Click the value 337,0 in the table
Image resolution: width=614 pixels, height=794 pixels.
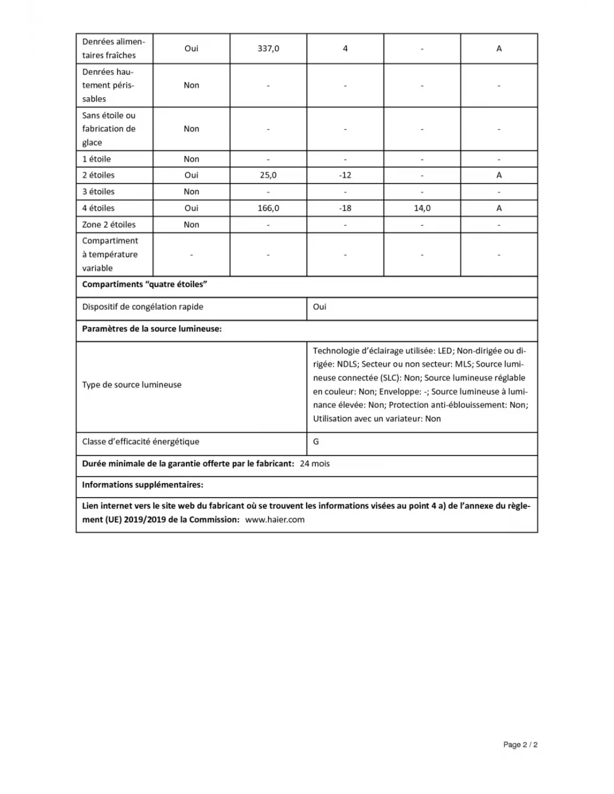pyautogui.click(x=268, y=49)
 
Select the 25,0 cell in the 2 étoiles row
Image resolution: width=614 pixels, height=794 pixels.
pyautogui.click(x=268, y=175)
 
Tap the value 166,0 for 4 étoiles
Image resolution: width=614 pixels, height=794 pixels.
pyautogui.click(x=268, y=208)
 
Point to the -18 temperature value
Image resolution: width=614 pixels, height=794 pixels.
pyautogui.click(x=345, y=208)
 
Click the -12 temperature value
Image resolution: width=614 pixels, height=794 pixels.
pyautogui.click(x=345, y=175)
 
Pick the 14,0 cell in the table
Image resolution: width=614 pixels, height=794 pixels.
pyautogui.click(x=422, y=208)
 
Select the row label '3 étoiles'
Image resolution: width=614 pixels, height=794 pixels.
pyautogui.click(x=98, y=192)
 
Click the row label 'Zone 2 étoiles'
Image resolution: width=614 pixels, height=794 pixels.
pyautogui.click(x=109, y=224)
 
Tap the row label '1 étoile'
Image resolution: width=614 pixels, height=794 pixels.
pyautogui.click(x=97, y=159)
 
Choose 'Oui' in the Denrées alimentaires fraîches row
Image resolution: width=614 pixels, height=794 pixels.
pyautogui.click(x=191, y=49)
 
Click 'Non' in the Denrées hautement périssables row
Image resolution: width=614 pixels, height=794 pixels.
pyautogui.click(x=191, y=85)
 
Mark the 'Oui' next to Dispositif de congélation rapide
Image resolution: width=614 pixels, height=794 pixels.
pyautogui.click(x=320, y=307)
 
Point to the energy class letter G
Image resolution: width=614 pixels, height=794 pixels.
pyautogui.click(x=316, y=442)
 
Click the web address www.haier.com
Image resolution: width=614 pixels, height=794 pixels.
pyautogui.click(x=275, y=520)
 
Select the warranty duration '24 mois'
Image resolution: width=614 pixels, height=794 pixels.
pyautogui.click(x=315, y=464)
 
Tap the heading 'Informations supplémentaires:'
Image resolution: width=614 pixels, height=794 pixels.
pyautogui.click(x=142, y=485)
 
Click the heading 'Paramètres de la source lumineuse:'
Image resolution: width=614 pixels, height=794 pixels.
pyautogui.click(x=152, y=329)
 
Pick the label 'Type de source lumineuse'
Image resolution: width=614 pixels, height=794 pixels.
pyautogui.click(x=132, y=385)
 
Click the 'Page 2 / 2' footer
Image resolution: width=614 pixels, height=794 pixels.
pyautogui.click(x=520, y=745)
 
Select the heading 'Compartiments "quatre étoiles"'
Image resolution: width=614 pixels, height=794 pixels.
pyautogui.click(x=145, y=285)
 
